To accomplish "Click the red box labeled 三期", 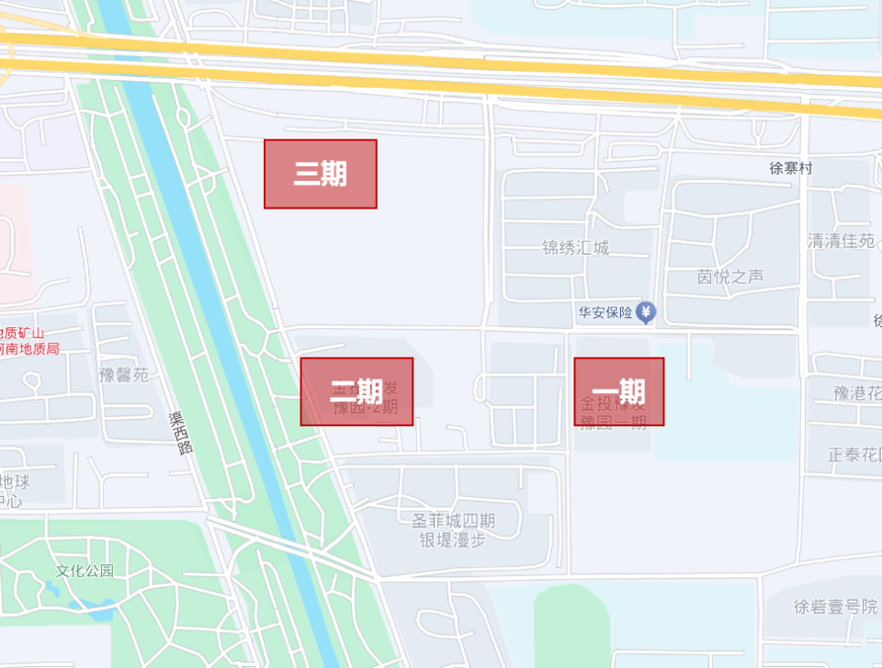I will pyautogui.click(x=320, y=174).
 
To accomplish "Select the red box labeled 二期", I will pyautogui.click(x=356, y=391).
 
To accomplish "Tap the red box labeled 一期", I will pyautogui.click(x=618, y=391).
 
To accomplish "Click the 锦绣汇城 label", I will pyautogui.click(x=575, y=248).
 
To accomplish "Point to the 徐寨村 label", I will pyautogui.click(x=791, y=168).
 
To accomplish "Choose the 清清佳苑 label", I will pyautogui.click(x=841, y=241).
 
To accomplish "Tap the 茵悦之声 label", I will pyautogui.click(x=730, y=277).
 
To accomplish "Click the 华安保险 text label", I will pyautogui.click(x=605, y=312).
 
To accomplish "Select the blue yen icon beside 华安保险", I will pyautogui.click(x=647, y=312).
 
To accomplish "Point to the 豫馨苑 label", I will pyautogui.click(x=124, y=375).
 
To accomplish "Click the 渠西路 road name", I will pyautogui.click(x=182, y=433).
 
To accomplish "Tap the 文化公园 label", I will pyautogui.click(x=85, y=571).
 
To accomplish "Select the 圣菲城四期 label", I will pyautogui.click(x=453, y=521).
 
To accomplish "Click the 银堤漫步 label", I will pyautogui.click(x=453, y=540).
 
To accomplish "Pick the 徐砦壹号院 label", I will pyautogui.click(x=835, y=606).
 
